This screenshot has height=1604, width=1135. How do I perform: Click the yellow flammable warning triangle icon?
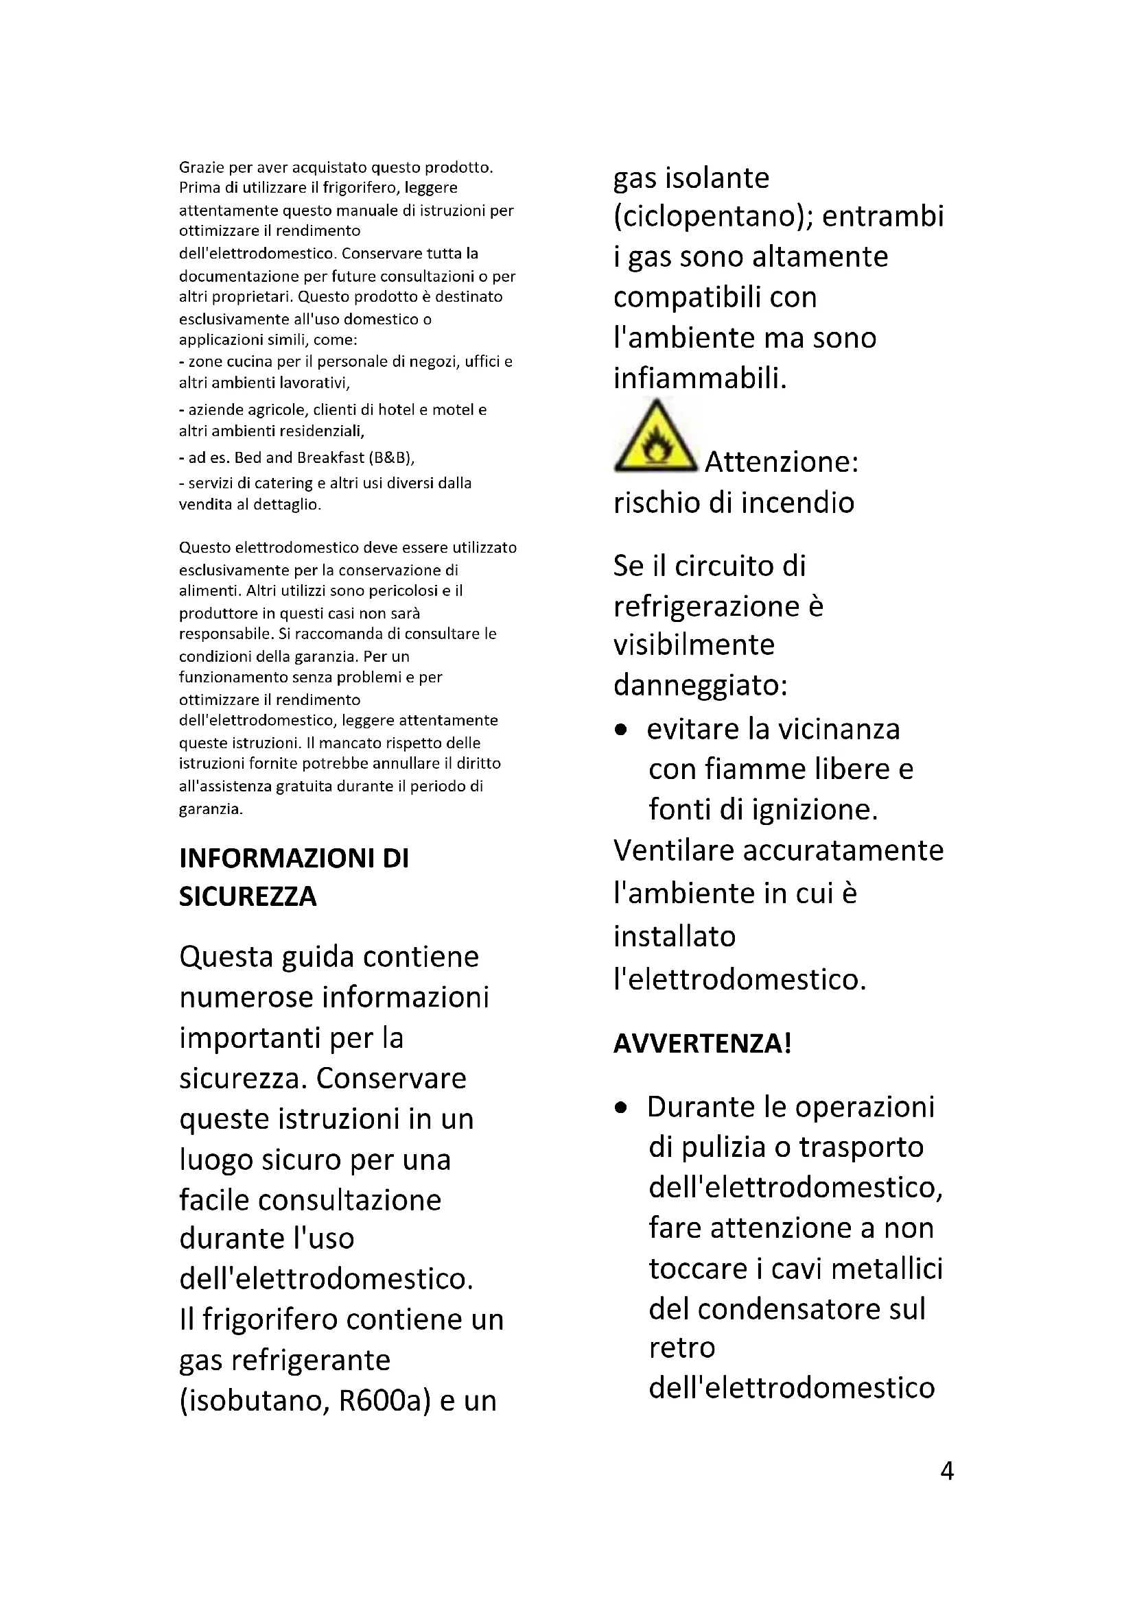655,438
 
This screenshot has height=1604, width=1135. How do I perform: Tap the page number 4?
947,1472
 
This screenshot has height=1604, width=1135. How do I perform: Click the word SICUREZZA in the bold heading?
248,896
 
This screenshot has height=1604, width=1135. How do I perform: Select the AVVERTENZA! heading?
703,1043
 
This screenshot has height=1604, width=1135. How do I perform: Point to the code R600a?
384,1401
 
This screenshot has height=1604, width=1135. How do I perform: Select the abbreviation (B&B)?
390,457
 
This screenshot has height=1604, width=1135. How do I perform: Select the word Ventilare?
673,850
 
